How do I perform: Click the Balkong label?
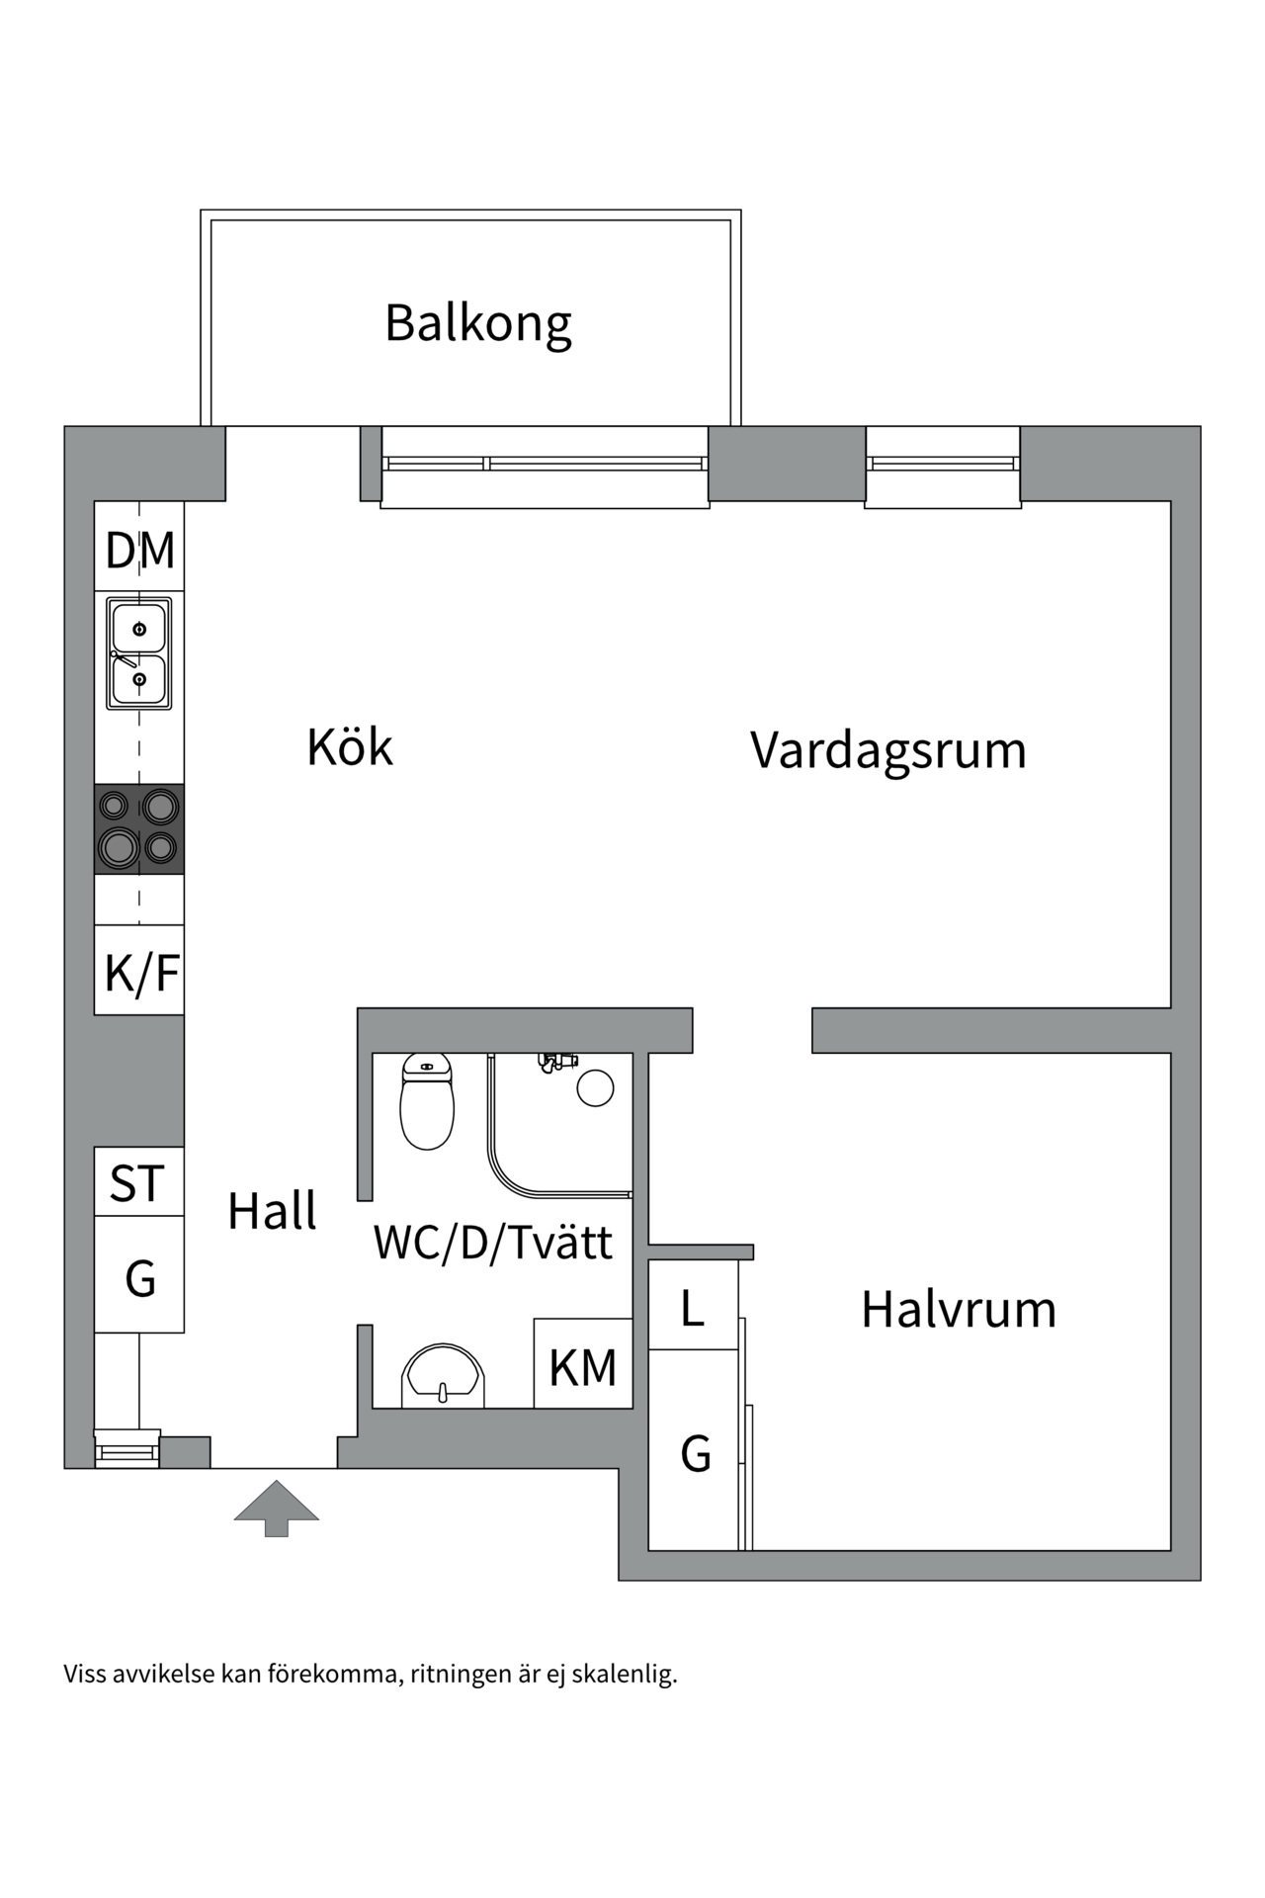pyautogui.click(x=478, y=323)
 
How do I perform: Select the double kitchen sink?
pyautogui.click(x=139, y=653)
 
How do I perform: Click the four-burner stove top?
pyautogui.click(x=139, y=828)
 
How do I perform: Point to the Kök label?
pyautogui.click(x=350, y=747)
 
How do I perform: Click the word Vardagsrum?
pyautogui.click(x=887, y=750)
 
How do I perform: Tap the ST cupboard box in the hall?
pyautogui.click(x=138, y=1183)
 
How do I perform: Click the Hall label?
pyautogui.click(x=272, y=1211)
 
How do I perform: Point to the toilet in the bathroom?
pyautogui.click(x=427, y=1102)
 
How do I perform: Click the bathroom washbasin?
pyautogui.click(x=444, y=1375)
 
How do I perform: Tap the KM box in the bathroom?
pyautogui.click(x=583, y=1367)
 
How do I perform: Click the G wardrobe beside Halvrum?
pyautogui.click(x=695, y=1453)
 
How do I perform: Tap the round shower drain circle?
pyautogui.click(x=595, y=1087)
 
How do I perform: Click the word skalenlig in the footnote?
pyautogui.click(x=625, y=1675)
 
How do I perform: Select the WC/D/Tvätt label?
pyautogui.click(x=493, y=1243)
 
